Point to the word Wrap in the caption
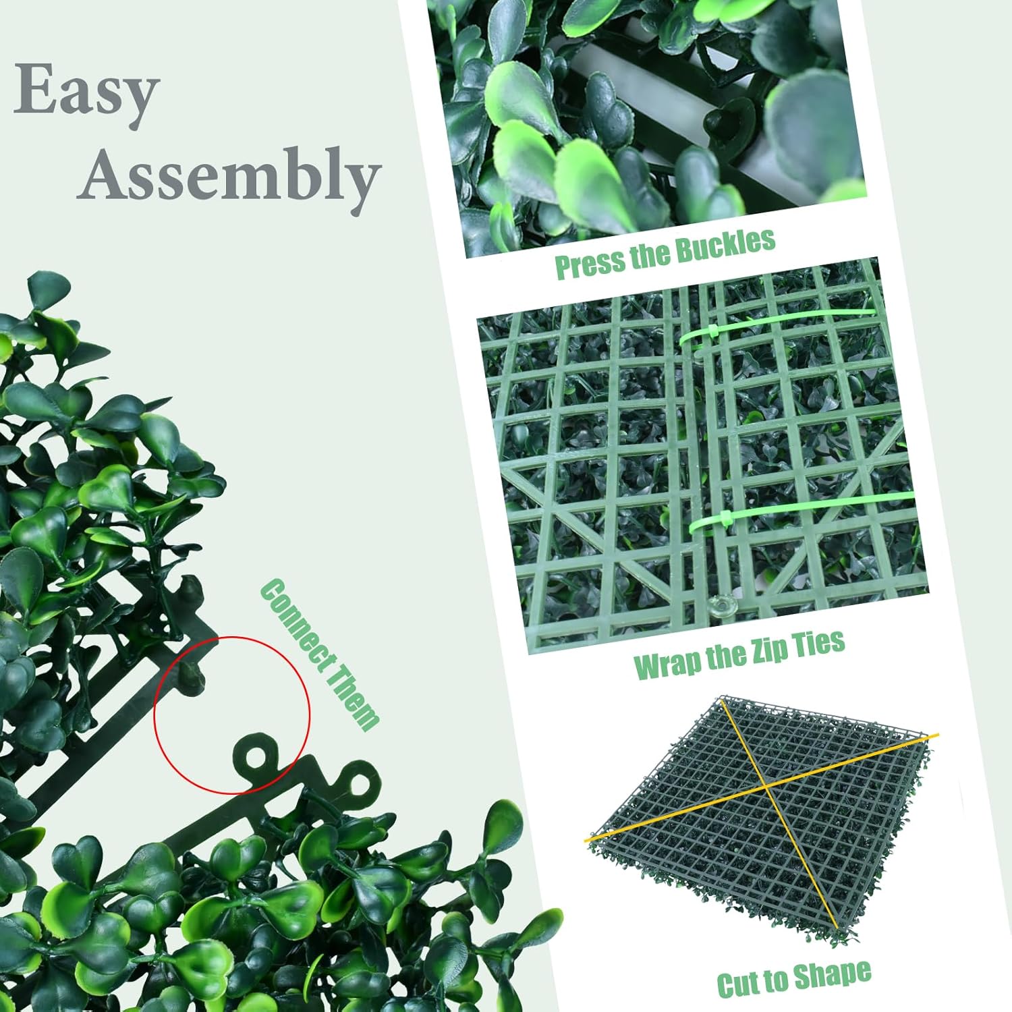(x=667, y=663)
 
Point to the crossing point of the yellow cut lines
(x=766, y=785)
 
